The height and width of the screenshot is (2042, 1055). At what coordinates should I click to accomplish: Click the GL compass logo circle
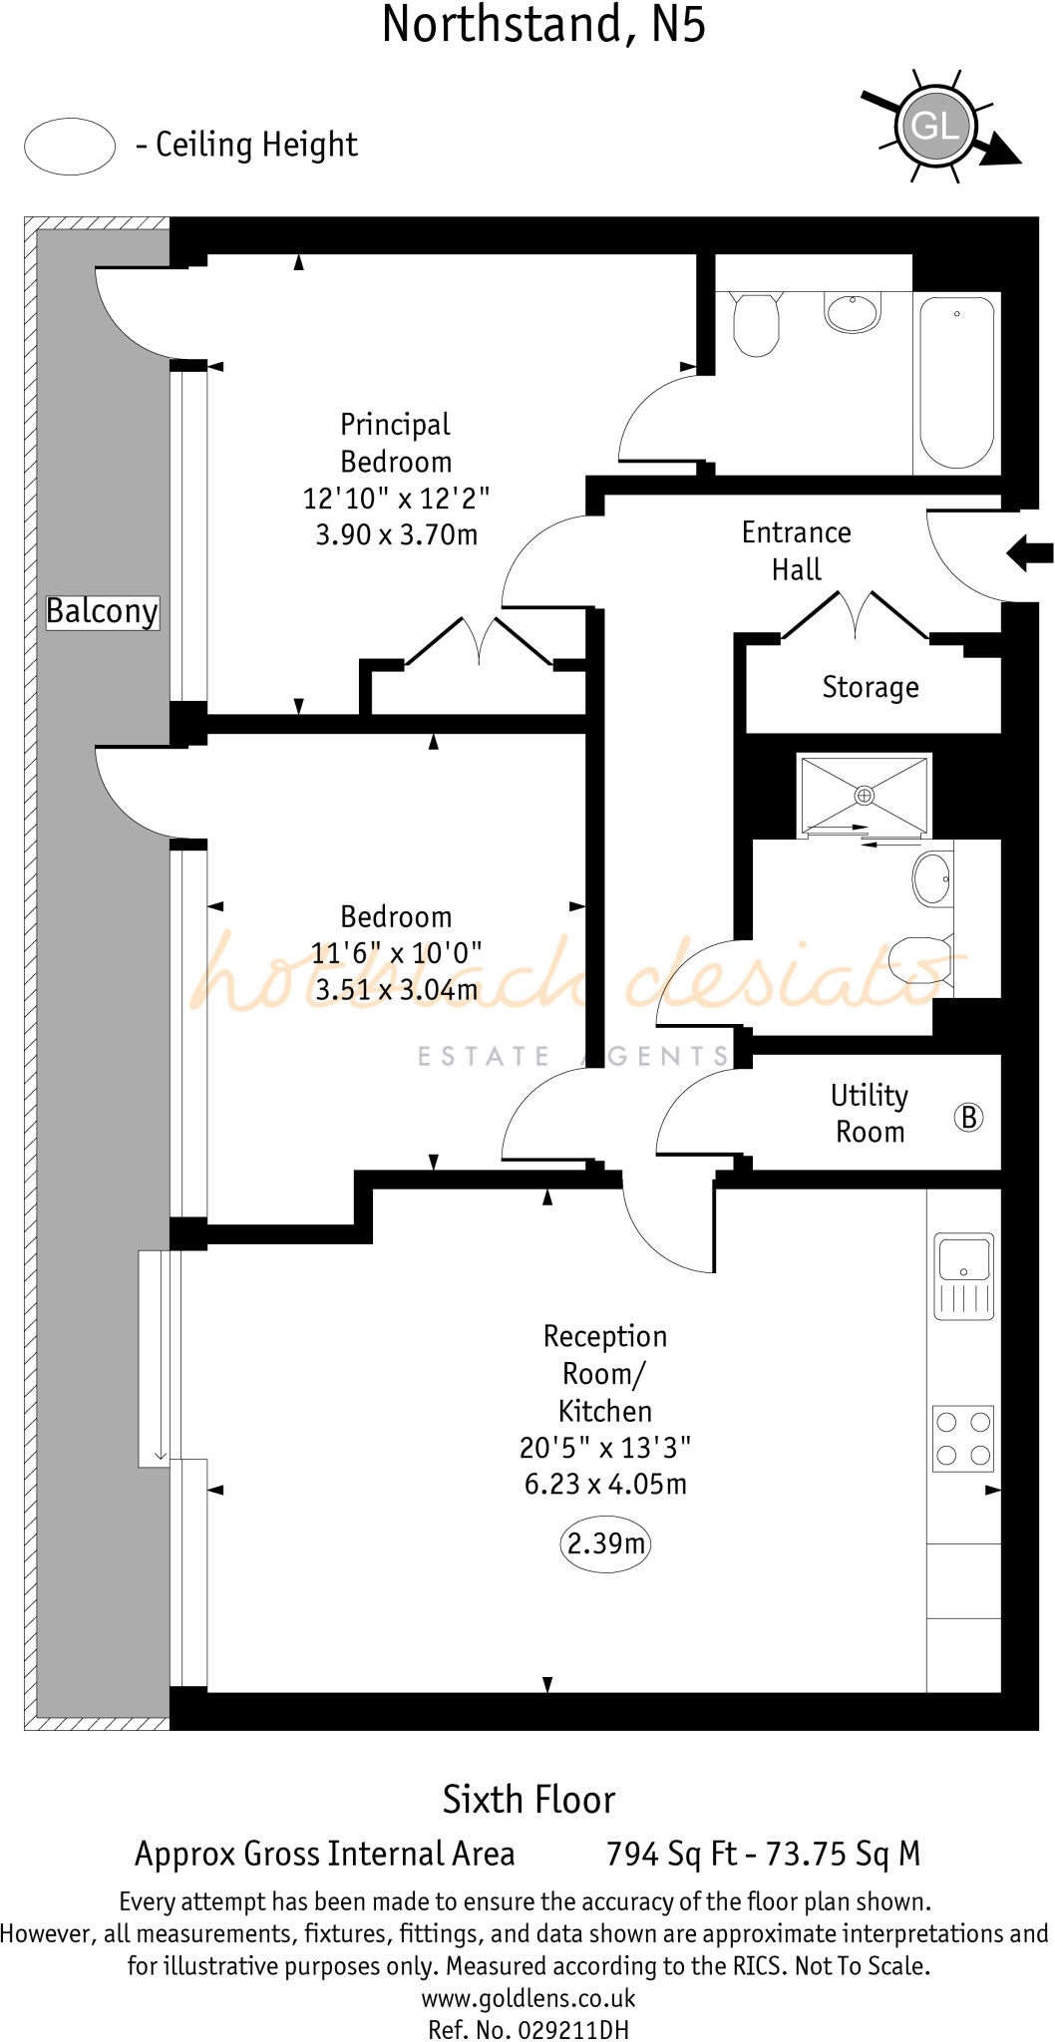pos(935,126)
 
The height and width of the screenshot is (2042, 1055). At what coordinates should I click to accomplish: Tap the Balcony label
pos(102,611)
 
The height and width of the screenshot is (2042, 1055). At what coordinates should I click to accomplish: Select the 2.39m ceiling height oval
pos(605,1543)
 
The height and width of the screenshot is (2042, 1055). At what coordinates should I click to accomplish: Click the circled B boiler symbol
pos(967,1117)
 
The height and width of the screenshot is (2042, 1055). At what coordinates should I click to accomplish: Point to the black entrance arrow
pos(1029,551)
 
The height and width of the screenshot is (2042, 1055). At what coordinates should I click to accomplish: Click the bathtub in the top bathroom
pos(956,383)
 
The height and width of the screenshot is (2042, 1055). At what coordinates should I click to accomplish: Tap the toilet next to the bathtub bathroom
pos(755,323)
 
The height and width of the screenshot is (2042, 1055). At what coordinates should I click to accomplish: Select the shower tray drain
pos(864,795)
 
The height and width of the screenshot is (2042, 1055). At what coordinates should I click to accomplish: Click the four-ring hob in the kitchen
pos(963,1439)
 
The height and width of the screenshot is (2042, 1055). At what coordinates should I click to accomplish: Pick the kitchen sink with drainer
pos(963,1275)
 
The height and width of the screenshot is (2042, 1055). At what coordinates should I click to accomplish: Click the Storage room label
pos(870,687)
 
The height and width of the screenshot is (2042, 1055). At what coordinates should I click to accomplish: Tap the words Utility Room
pos(870,1114)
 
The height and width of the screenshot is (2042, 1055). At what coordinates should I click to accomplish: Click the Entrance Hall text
pos(796,551)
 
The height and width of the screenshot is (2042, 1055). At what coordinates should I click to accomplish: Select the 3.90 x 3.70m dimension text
pos(396,534)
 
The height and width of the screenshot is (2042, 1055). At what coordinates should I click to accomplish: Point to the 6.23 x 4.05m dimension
pos(605,1484)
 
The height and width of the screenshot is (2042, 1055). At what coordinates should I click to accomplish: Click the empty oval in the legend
pos(70,147)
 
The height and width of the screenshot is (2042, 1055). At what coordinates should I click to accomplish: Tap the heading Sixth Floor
pos(528,1800)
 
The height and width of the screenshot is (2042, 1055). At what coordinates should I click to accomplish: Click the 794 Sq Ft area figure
pos(670,1854)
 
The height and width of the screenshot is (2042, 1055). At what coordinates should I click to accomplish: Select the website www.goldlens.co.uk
pos(528,1998)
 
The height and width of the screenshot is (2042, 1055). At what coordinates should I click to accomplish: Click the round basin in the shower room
pos(932,878)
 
